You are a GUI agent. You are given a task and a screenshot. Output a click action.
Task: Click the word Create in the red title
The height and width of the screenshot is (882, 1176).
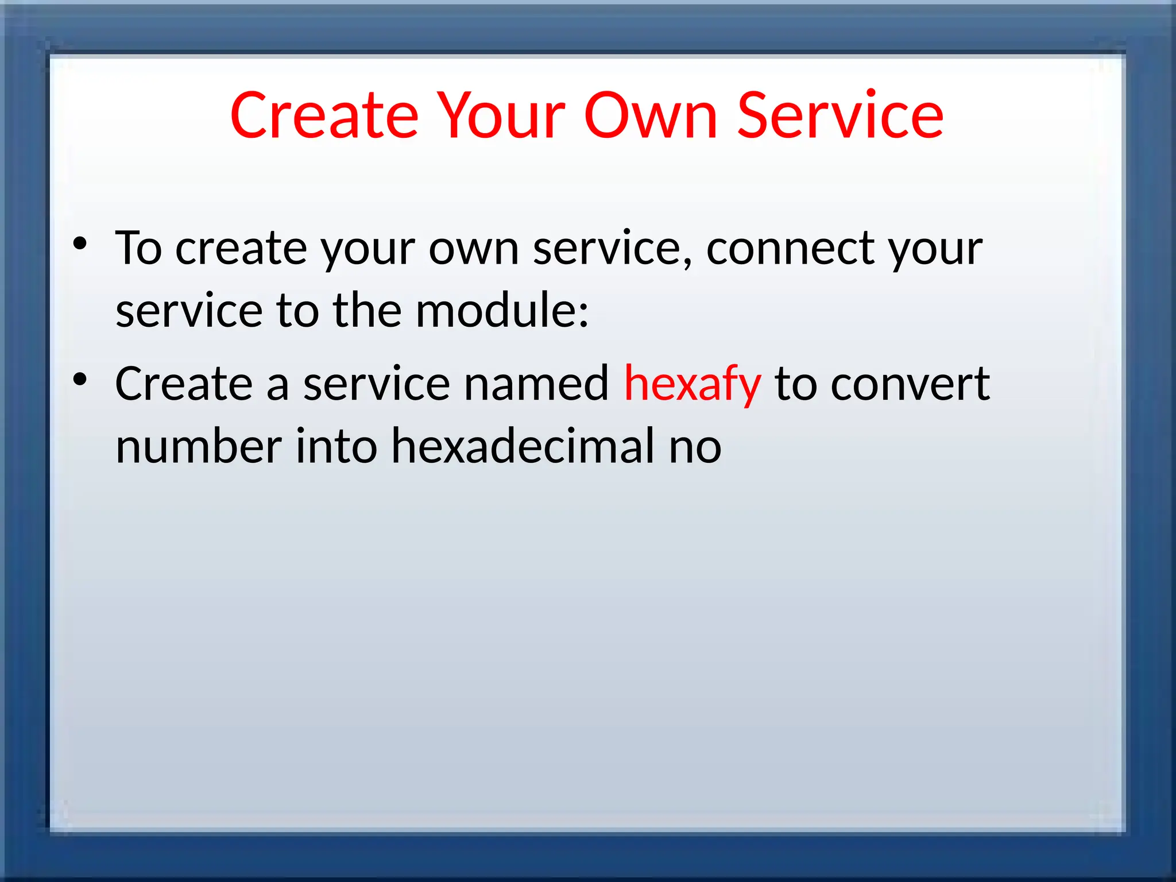click(x=324, y=116)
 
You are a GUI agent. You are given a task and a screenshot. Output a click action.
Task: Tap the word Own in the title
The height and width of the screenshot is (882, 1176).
click(x=651, y=116)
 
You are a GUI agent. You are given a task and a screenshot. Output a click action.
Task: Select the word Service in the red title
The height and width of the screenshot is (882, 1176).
click(x=840, y=116)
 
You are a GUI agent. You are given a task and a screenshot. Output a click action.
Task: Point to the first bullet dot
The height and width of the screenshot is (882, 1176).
click(x=80, y=243)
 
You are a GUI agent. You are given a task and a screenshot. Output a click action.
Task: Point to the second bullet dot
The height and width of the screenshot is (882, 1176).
click(x=80, y=380)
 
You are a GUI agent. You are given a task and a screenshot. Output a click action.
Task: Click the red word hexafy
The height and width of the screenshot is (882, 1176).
click(x=692, y=385)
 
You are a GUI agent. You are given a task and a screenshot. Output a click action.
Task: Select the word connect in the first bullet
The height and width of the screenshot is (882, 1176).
click(x=790, y=249)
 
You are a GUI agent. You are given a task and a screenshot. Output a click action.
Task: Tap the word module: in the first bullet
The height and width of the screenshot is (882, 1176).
click(x=502, y=311)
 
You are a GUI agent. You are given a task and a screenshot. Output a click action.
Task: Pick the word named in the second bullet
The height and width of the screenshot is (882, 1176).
click(x=536, y=384)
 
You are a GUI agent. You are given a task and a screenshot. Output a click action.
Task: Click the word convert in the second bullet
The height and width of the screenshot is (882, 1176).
click(x=910, y=384)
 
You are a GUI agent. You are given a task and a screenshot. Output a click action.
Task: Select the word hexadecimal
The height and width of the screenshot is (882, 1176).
click(x=523, y=446)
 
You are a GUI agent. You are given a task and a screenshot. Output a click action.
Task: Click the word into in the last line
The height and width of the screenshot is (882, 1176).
click(x=336, y=446)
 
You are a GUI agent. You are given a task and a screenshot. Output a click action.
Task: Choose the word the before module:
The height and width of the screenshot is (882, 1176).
click(x=367, y=311)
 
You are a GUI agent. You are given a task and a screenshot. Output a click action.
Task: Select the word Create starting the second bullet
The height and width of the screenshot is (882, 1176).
click(x=184, y=384)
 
